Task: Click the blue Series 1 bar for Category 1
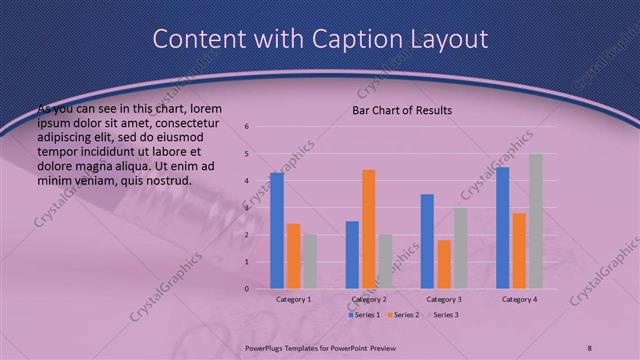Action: point(277,231)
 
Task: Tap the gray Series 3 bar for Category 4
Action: point(536,221)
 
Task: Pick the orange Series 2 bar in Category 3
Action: point(444,264)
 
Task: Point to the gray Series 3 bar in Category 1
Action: point(310,262)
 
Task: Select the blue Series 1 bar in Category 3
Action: point(427,241)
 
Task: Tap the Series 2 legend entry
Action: point(402,315)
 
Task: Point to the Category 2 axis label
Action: point(369,299)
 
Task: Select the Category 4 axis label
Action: point(519,299)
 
